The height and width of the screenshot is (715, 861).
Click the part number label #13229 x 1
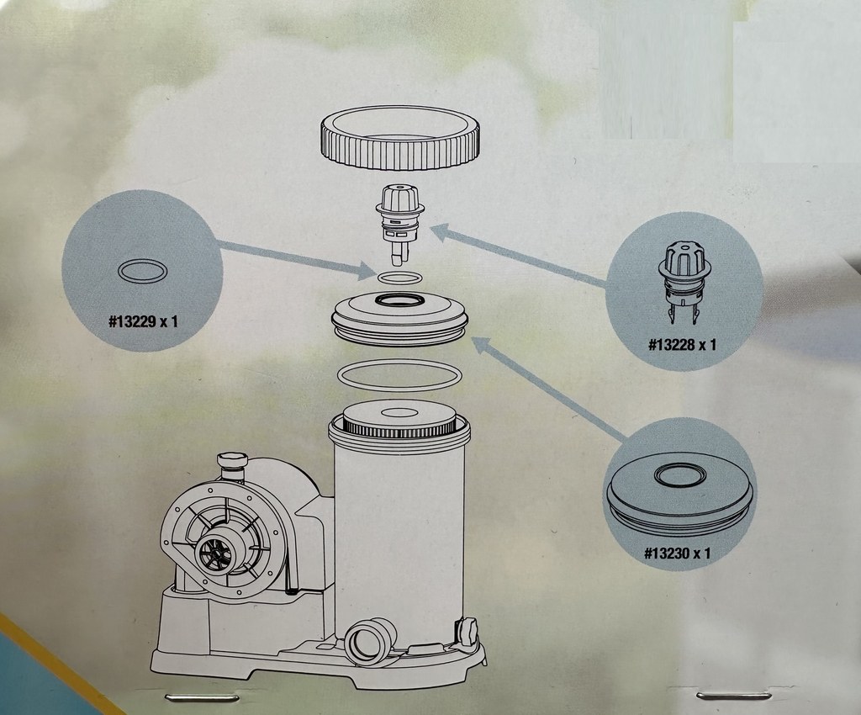click(143, 320)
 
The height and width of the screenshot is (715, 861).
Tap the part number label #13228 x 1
click(683, 345)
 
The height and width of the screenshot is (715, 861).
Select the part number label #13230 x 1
click(677, 553)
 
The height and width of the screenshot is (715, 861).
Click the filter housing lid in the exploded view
click(400, 319)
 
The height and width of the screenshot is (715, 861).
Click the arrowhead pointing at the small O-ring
click(364, 270)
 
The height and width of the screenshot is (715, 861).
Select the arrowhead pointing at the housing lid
click(482, 347)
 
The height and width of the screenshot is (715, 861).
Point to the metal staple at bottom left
click(203, 698)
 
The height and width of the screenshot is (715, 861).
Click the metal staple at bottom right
click(733, 696)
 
